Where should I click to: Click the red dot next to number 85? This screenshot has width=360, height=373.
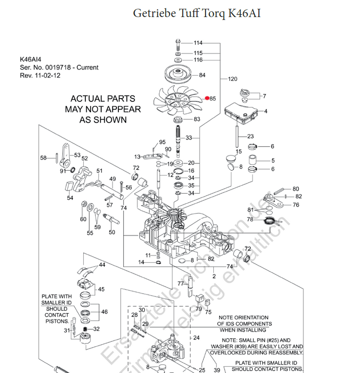[207, 98]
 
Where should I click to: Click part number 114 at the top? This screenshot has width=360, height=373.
[198, 43]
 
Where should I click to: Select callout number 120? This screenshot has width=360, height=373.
[232, 79]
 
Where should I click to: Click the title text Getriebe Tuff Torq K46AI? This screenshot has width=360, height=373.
[197, 13]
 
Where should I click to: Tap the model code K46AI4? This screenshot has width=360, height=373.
[33, 59]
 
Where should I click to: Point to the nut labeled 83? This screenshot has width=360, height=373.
[177, 119]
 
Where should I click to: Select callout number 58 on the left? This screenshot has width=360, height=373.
[43, 157]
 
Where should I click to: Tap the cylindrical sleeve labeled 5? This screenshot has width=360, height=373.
[253, 160]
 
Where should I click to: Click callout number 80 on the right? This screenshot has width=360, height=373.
[296, 189]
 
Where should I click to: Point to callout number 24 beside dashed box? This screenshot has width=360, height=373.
[196, 337]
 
